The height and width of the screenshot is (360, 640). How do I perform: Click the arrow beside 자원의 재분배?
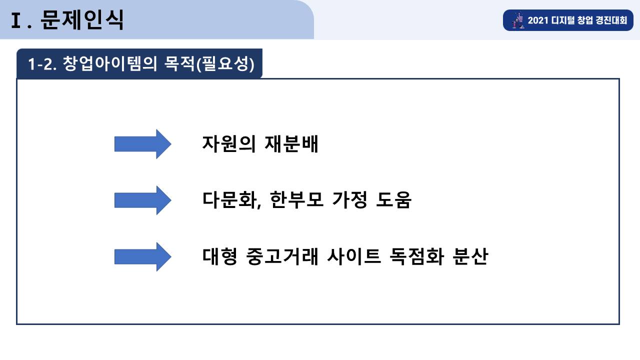point(143,144)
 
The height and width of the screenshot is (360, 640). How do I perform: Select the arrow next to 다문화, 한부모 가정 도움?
point(143,200)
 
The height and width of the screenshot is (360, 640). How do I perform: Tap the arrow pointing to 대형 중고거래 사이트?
point(143,257)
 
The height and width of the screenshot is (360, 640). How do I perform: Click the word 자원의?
point(228,143)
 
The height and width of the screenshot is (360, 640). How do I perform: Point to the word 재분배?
point(291,143)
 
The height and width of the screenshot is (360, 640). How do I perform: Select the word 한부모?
point(296,199)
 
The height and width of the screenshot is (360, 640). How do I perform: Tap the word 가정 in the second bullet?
point(349,199)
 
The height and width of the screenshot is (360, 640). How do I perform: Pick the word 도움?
point(393,199)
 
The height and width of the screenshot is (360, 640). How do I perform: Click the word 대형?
point(219,256)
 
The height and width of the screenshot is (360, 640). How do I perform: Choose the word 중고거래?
point(282,256)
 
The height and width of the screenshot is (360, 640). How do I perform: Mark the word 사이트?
point(354,256)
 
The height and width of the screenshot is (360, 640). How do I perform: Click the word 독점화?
point(417,256)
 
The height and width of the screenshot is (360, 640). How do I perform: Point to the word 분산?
point(470,256)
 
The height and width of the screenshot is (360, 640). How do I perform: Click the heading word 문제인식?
point(82,19)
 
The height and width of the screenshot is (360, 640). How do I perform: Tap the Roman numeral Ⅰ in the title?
point(16,20)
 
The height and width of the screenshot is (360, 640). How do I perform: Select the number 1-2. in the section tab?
point(42,63)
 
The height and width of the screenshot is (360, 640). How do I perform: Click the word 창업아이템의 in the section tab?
point(110,63)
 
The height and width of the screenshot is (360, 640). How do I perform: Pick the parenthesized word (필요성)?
point(225,63)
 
